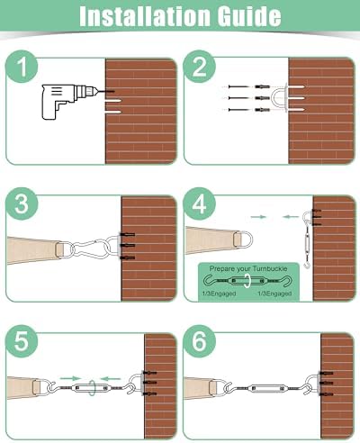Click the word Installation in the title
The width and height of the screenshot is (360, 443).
point(145,15)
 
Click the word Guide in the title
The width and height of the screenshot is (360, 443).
point(249,15)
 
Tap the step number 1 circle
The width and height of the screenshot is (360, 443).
point(22,67)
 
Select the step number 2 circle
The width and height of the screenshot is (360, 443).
point(199,67)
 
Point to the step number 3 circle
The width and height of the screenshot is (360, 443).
point(22,204)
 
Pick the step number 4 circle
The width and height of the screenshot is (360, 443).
point(199,204)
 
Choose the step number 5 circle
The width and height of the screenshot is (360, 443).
point(22,341)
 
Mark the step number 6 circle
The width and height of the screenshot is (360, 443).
point(199,341)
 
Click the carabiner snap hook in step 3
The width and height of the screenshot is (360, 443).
point(90,248)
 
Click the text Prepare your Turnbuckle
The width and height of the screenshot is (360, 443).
point(248,268)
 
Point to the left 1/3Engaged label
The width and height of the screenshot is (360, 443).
point(219,294)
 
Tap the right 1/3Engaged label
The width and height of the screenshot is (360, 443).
point(274,294)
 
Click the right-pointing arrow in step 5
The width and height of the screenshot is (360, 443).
point(70,378)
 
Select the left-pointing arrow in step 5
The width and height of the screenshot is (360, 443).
point(111,378)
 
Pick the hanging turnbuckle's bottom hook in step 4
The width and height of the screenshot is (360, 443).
point(307,265)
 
